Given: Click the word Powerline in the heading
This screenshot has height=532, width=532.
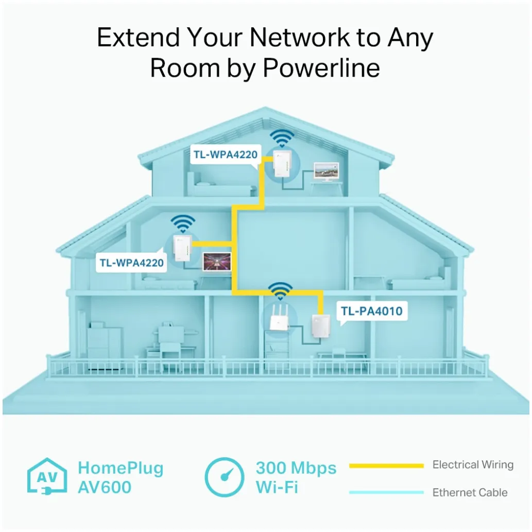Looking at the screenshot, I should click(x=322, y=68).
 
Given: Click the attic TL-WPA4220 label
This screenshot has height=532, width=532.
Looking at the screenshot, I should click(x=225, y=153).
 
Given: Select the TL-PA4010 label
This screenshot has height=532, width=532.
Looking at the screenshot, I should click(x=371, y=311).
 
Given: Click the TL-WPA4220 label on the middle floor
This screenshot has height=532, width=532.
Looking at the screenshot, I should click(x=132, y=263).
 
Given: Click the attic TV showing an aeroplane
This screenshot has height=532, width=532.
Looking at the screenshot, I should click(x=327, y=171).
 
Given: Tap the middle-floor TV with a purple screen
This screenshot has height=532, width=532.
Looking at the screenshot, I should click(x=216, y=261).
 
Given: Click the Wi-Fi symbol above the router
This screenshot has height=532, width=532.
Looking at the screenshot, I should click(x=280, y=290).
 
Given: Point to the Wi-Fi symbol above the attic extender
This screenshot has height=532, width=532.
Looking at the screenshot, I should click(x=282, y=138).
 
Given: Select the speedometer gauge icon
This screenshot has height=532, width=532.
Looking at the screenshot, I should click(x=225, y=476).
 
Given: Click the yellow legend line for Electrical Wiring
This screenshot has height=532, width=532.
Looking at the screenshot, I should click(x=386, y=466).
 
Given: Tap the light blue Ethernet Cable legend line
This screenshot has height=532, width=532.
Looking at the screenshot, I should click(x=386, y=492).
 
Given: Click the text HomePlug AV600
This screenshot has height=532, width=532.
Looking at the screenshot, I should click(x=121, y=477).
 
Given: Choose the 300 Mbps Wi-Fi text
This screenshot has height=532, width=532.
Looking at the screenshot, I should click(x=296, y=477).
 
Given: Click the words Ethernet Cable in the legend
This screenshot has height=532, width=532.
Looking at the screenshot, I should click(x=470, y=492).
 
